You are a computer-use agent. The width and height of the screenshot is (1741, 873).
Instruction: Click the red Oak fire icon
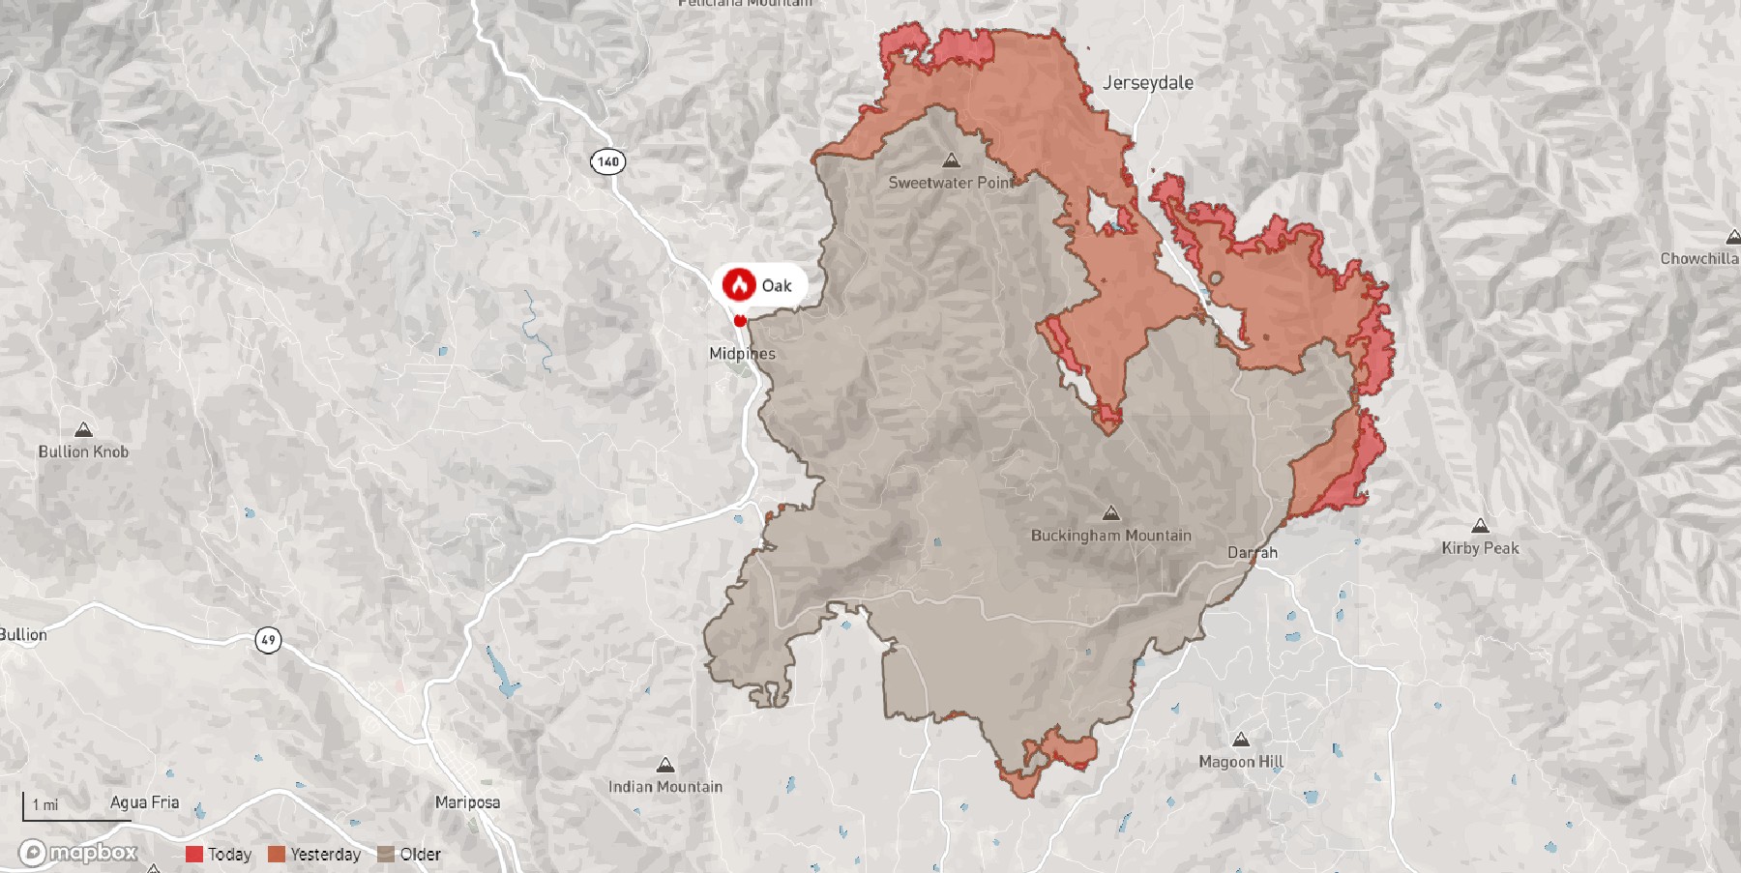pyautogui.click(x=740, y=285)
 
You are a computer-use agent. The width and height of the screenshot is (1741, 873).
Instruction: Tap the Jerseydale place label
pyautogui.click(x=1148, y=83)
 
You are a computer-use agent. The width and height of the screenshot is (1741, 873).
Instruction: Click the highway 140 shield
pyautogui.click(x=607, y=161)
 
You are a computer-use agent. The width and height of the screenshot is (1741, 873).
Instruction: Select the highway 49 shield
pyautogui.click(x=268, y=639)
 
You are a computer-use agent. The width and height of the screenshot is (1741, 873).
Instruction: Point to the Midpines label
pyautogui.click(x=742, y=354)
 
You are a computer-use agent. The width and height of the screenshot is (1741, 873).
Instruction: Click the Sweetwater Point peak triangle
pyautogui.click(x=951, y=160)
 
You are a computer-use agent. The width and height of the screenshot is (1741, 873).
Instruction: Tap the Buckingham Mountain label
pyautogui.click(x=1110, y=536)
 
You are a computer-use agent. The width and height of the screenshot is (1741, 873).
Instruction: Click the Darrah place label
pyautogui.click(x=1252, y=553)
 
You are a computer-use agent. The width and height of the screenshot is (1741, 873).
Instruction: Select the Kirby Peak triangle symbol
pyautogui.click(x=1479, y=527)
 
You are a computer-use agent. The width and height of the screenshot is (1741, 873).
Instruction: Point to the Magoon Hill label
pyautogui.click(x=1240, y=762)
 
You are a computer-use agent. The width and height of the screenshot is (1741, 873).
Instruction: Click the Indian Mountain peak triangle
pyautogui.click(x=664, y=766)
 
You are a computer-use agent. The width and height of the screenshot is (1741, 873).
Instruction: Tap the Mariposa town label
pyautogui.click(x=467, y=802)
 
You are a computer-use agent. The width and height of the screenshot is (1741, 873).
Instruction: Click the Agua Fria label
pyautogui.click(x=144, y=802)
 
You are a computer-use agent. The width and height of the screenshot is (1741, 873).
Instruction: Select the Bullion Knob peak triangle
pyautogui.click(x=83, y=430)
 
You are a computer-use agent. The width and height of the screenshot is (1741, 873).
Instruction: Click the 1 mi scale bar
pyautogui.click(x=75, y=810)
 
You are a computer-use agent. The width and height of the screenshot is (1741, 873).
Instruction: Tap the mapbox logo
pyautogui.click(x=79, y=853)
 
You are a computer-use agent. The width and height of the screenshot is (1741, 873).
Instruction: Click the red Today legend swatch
pyautogui.click(x=194, y=855)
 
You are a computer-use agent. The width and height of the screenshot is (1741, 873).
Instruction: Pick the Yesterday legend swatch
pyautogui.click(x=277, y=855)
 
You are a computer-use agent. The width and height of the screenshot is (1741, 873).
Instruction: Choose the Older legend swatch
pyautogui.click(x=386, y=855)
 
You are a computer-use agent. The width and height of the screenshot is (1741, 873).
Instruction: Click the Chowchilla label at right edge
pyautogui.click(x=1698, y=259)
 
